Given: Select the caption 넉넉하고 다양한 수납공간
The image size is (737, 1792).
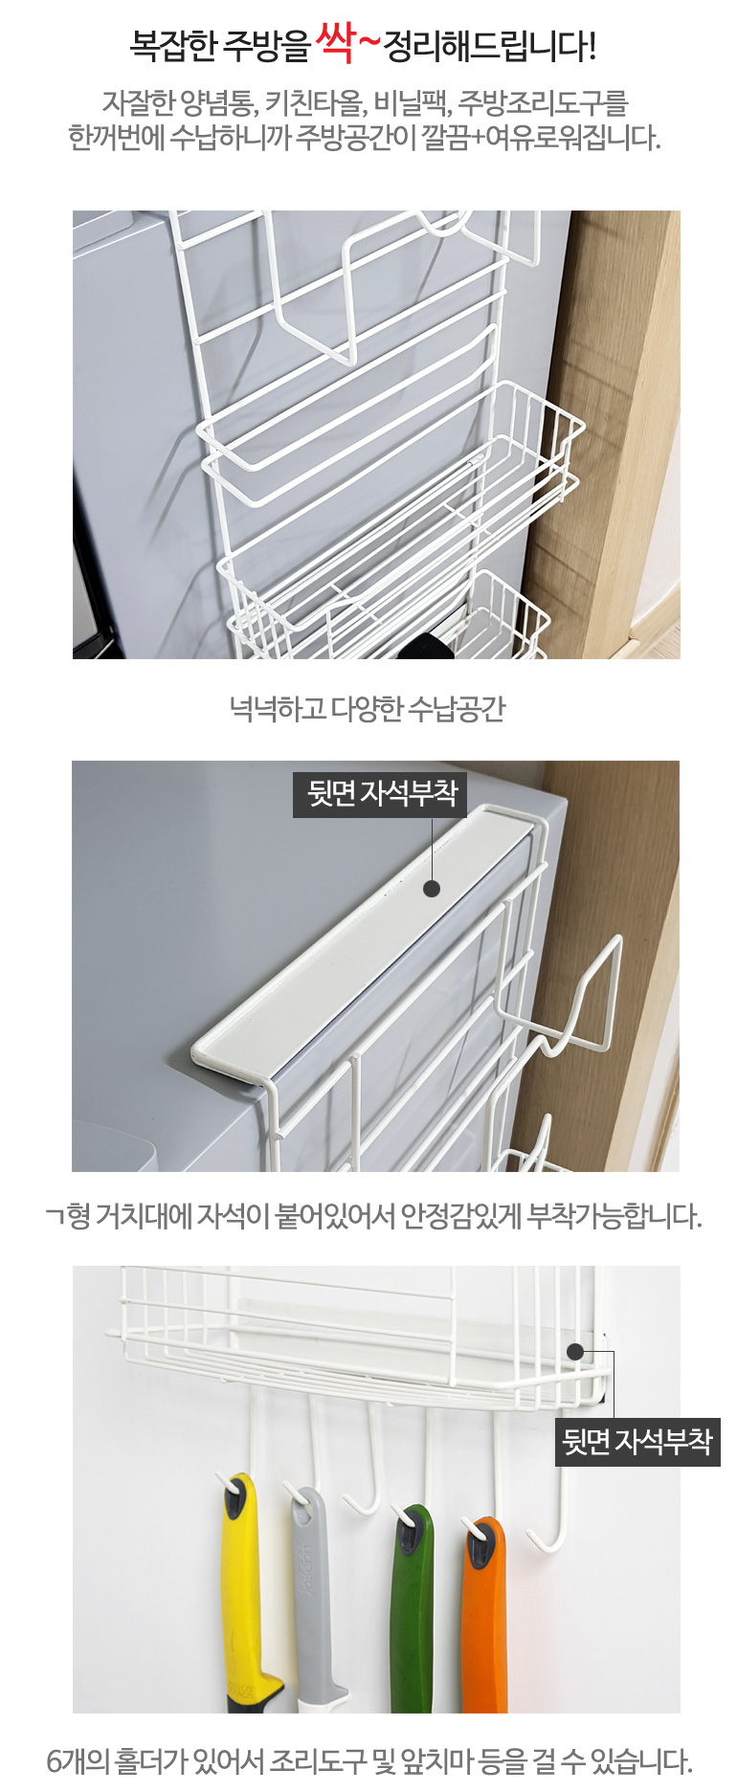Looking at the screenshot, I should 367,709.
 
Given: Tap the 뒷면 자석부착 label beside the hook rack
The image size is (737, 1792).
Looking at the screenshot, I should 637,1442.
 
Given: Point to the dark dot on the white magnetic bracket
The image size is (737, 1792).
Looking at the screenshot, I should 432,888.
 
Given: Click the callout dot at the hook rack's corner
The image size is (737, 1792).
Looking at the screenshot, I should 575,1351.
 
